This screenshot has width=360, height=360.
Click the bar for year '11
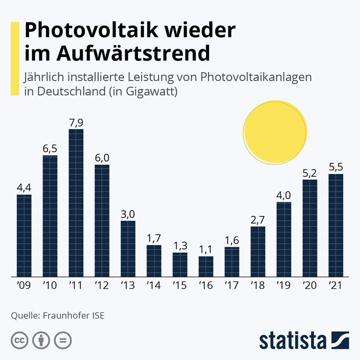click(76, 203)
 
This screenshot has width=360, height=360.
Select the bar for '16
click(206, 266)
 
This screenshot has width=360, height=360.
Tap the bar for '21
click(336, 225)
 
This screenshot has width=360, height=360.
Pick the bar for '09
click(24, 235)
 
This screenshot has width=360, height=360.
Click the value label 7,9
click(76, 123)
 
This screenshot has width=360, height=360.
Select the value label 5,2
click(310, 173)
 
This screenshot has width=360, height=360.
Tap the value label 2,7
click(258, 220)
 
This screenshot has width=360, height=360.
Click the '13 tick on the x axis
click(128, 286)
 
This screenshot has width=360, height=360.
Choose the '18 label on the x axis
click(258, 286)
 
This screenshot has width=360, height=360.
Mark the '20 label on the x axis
click(310, 286)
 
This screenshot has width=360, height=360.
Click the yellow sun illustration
click(275, 132)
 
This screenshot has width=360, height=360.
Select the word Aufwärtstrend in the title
click(133, 54)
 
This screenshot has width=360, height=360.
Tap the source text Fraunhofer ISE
click(74, 315)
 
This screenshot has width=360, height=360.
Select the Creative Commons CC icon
click(20, 341)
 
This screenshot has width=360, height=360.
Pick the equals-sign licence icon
click(63, 341)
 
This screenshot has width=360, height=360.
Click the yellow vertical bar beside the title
click(15, 59)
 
